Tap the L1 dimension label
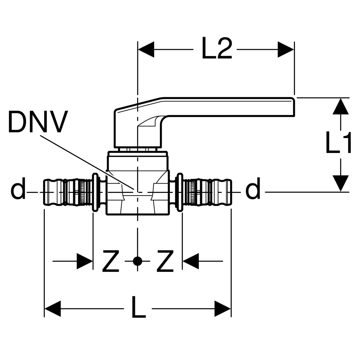point(338,144)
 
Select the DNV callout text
point(38,122)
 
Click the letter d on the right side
point(253,189)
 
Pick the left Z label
point(111,261)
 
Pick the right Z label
point(165,261)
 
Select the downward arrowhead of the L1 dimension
point(340,183)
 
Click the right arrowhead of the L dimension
point(223,308)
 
